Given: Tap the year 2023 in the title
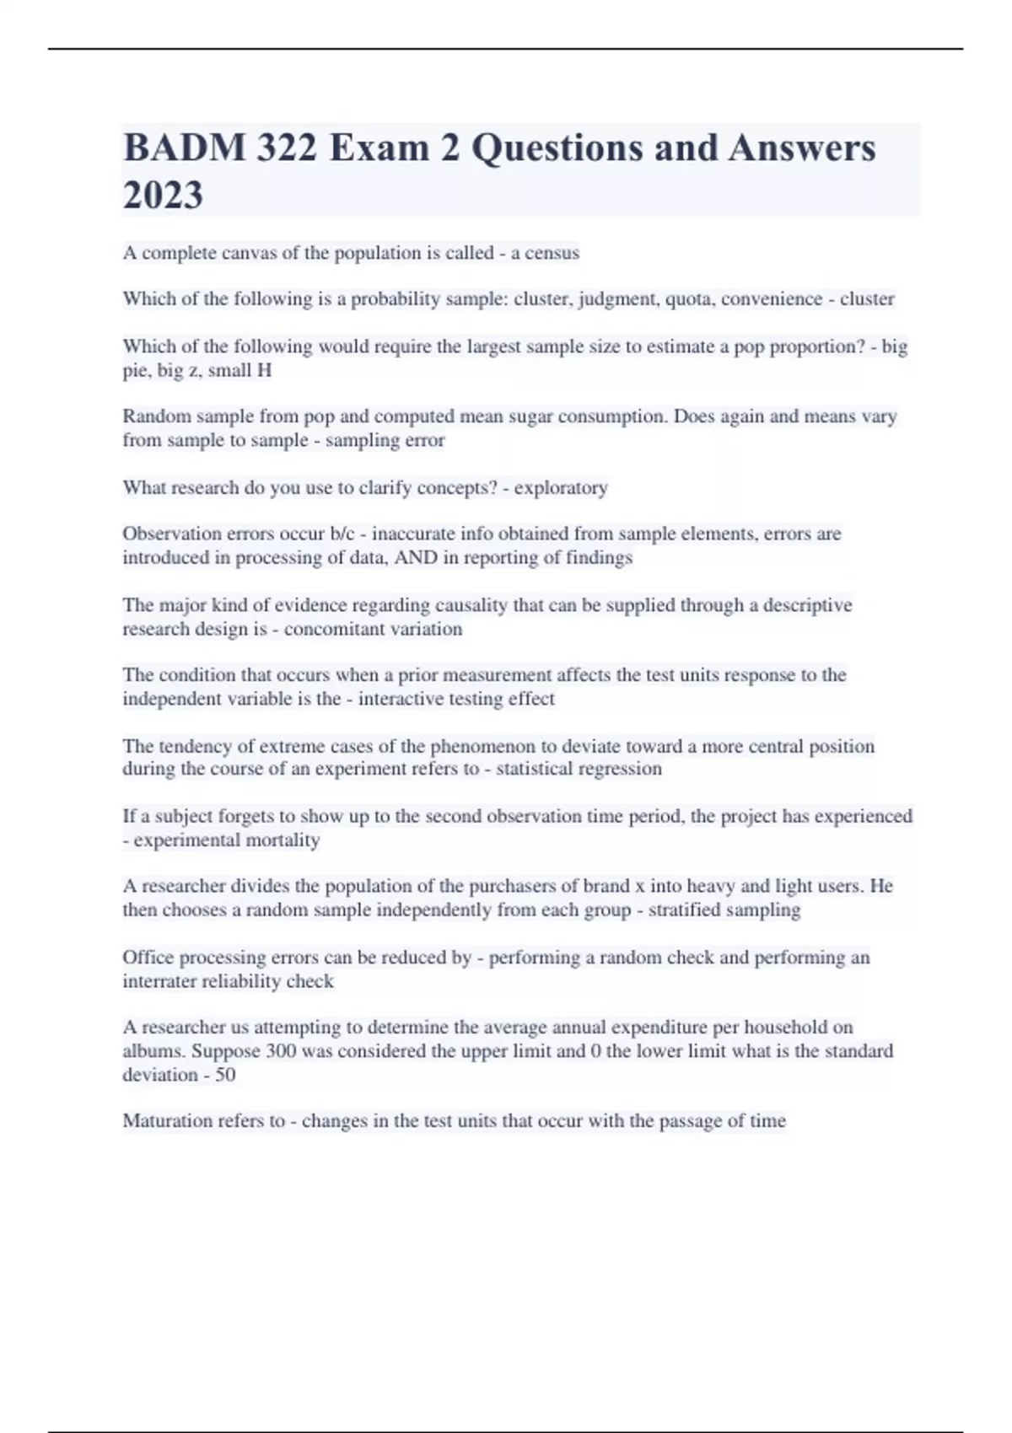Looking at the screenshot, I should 163,196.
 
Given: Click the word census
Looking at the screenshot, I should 552,253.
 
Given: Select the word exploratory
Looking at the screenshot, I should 561,488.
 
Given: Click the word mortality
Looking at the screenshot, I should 281,840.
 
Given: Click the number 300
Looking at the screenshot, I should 281,1051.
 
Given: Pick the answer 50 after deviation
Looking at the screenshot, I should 225,1075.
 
